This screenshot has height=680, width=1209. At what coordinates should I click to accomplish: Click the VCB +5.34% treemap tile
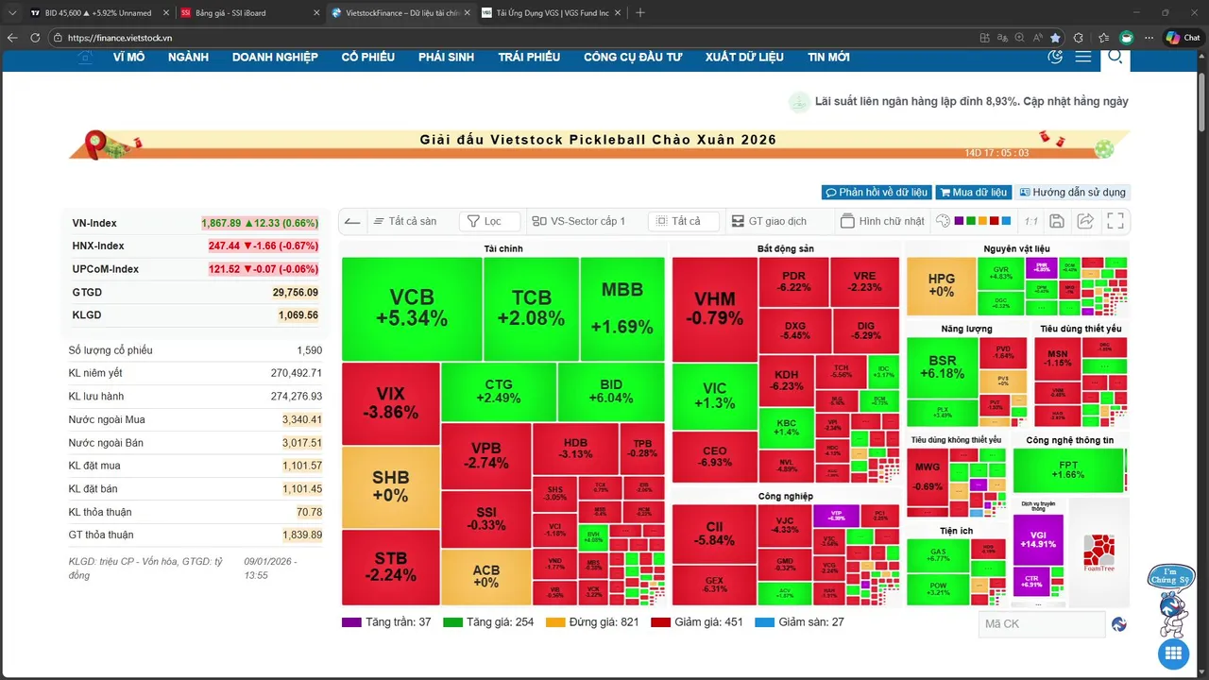[x=412, y=309]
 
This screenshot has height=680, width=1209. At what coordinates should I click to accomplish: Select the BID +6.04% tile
[x=611, y=392]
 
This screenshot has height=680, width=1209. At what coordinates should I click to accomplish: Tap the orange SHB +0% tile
[x=390, y=486]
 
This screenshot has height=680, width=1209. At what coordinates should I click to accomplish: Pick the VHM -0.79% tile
[x=714, y=309]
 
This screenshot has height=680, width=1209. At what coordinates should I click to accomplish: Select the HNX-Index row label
[x=98, y=246]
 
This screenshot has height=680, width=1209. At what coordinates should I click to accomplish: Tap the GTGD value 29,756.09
[x=295, y=293]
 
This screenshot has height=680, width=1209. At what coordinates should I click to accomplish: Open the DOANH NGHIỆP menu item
[x=275, y=57]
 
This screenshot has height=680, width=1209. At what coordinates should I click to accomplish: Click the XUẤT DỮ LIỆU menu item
[x=744, y=57]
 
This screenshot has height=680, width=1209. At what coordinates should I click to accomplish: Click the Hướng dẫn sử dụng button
[x=1071, y=193]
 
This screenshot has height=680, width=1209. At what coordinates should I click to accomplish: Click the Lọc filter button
[x=490, y=221]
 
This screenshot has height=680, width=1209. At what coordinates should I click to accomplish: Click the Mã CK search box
[x=1041, y=624]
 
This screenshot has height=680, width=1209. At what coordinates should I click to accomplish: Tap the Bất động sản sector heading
[x=785, y=249]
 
